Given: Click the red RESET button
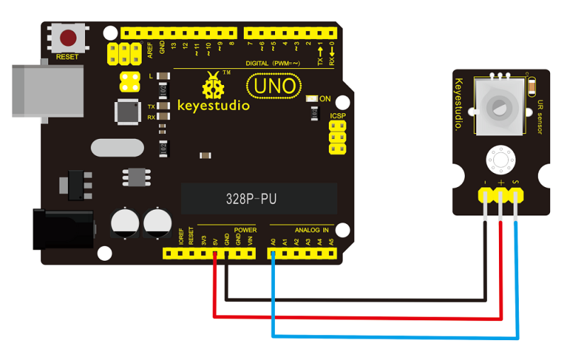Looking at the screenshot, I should pos(68,38).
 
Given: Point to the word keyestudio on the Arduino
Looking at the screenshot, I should pos(213,106).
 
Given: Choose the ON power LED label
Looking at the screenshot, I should pos(326,99).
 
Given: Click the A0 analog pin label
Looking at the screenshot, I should pos(272,241).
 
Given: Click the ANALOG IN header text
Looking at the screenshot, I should pos(312,230).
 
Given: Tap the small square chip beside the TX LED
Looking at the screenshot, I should pos(128,111).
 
